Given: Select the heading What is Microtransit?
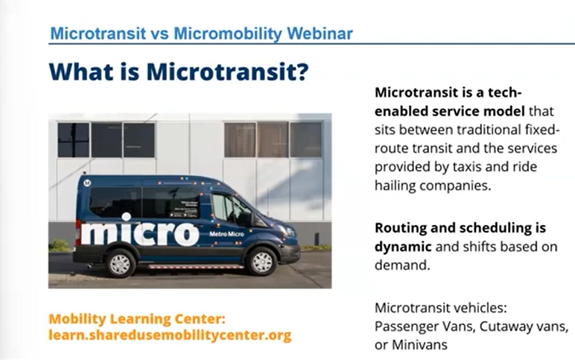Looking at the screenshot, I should [179, 72].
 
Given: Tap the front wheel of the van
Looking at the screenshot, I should [261, 262].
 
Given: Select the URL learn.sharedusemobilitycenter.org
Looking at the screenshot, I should [170, 335].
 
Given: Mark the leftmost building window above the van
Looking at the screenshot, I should [73, 140].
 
